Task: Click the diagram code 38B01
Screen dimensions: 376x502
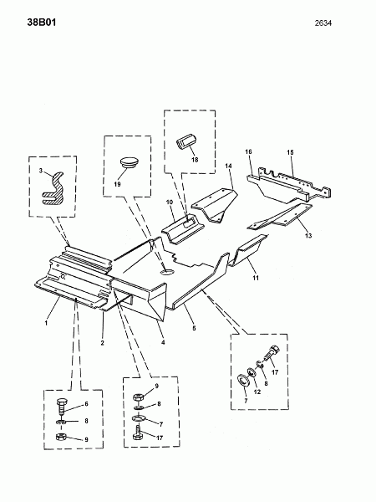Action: point(42,23)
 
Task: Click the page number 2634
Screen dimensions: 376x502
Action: point(323,23)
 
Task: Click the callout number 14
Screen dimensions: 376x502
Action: point(228,166)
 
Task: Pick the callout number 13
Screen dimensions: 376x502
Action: point(308,236)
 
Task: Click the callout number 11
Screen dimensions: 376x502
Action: point(256,278)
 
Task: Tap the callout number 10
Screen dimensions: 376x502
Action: point(170,202)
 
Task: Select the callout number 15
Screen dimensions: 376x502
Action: point(290,152)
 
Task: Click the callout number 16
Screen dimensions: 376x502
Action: point(248,151)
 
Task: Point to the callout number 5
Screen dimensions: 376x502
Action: point(194,328)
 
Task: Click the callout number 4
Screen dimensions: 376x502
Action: point(163,342)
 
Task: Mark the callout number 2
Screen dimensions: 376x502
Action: point(102,343)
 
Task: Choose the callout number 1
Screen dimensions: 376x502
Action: point(46,323)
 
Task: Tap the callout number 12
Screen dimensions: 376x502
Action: point(257,392)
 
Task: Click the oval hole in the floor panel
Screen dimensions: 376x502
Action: point(167,272)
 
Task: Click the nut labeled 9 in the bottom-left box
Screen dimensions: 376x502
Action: point(61,437)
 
